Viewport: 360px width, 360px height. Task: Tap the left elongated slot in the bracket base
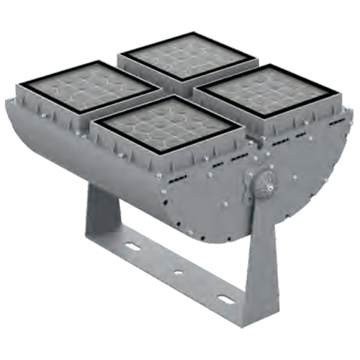(x=133, y=247)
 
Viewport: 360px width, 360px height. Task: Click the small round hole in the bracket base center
(x=177, y=273)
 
